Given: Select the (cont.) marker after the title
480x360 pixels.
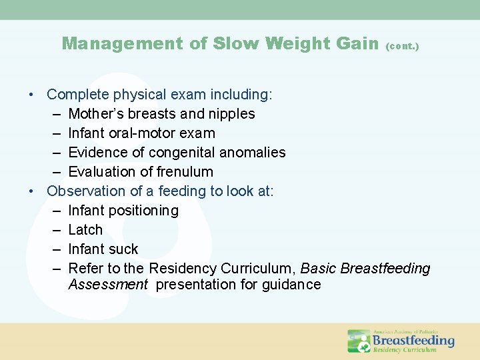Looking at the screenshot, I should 403,47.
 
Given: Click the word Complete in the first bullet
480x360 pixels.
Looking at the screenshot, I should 76,95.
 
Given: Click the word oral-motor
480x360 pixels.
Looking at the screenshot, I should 147,133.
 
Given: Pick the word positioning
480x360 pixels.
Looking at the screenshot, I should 145,211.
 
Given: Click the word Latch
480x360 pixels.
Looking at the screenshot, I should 85,230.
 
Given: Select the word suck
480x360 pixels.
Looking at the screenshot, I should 123,249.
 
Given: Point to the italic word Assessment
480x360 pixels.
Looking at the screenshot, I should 108,285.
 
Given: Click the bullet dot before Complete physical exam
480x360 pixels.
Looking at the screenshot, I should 32,95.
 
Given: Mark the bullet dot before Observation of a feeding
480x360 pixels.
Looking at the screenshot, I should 32,192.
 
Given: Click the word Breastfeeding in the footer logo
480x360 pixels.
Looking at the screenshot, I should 413,341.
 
